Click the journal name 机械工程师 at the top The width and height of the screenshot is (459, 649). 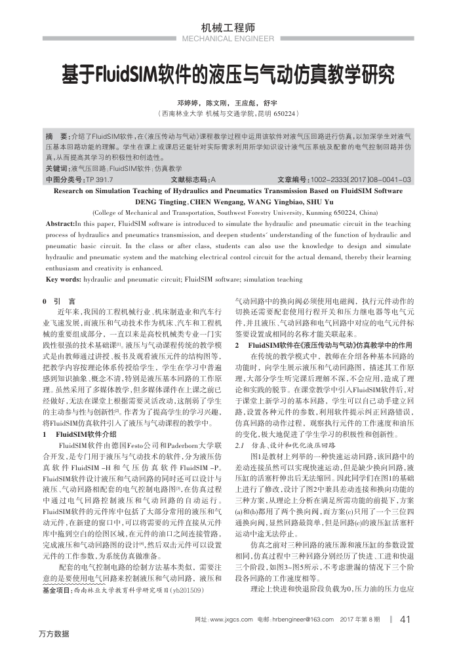coord(229,28)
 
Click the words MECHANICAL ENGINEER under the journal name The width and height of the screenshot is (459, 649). coord(229,39)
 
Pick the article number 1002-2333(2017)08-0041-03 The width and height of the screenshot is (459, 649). coord(361,179)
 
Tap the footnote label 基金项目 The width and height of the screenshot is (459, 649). coord(58,572)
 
